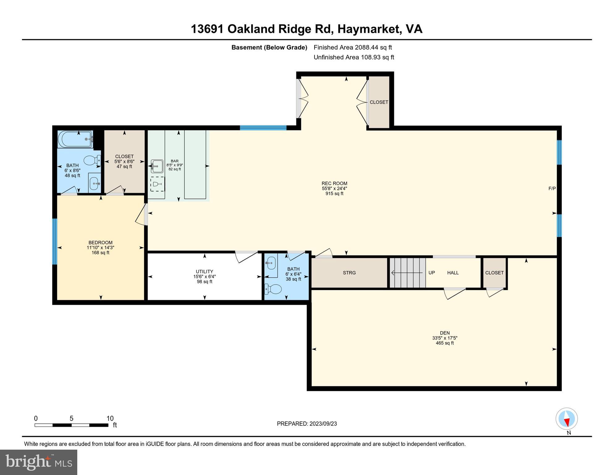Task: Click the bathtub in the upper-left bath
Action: pyautogui.click(x=75, y=139)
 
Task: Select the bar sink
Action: pyautogui.click(x=157, y=166)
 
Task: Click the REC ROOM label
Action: pyautogui.click(x=334, y=183)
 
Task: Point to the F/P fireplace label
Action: pyautogui.click(x=552, y=188)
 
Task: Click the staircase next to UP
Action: pyautogui.click(x=407, y=273)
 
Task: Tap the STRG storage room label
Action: pyautogui.click(x=349, y=273)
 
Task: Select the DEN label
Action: pyautogui.click(x=445, y=333)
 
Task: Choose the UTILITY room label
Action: pyautogui.click(x=205, y=272)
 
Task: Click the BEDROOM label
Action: pyautogui.click(x=100, y=242)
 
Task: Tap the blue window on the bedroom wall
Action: pyautogui.click(x=55, y=242)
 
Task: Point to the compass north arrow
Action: pyautogui.click(x=567, y=422)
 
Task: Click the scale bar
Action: pyautogui.click(x=71, y=425)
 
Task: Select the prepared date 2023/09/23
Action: pyautogui.click(x=322, y=424)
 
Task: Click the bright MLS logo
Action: pyautogui.click(x=39, y=462)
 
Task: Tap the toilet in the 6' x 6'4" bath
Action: pyautogui.click(x=273, y=289)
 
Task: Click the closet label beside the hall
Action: pyautogui.click(x=494, y=273)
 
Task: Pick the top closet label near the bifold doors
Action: pyautogui.click(x=379, y=102)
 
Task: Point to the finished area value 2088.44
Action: pyautogui.click(x=366, y=47)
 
